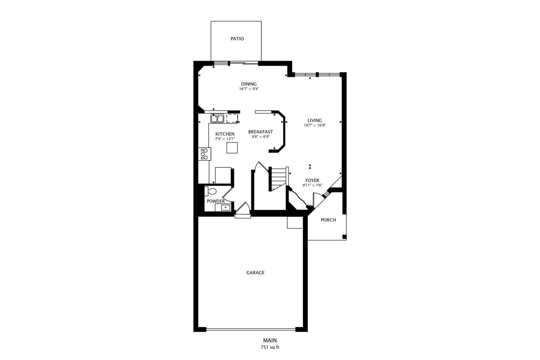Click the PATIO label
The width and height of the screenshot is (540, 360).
(237, 39)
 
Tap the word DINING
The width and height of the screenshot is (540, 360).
(249, 84)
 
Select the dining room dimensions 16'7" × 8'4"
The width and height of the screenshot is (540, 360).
(249, 89)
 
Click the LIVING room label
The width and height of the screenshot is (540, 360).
(315, 120)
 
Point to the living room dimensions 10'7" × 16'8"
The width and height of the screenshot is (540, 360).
(315, 125)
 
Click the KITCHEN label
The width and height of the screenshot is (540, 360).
(225, 134)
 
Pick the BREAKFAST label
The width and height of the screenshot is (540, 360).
(261, 132)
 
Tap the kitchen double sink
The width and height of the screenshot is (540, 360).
(217, 118)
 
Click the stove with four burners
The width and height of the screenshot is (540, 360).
(204, 154)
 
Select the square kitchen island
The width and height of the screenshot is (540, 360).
(232, 148)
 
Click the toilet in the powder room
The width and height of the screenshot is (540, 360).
(210, 191)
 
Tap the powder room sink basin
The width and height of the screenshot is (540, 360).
(226, 207)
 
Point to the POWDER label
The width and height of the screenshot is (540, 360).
(216, 201)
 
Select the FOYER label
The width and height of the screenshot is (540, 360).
(312, 180)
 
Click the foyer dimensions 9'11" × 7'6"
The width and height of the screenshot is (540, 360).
(312, 185)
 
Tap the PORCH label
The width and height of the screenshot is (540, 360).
(328, 220)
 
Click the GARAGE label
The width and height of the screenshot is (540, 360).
(255, 273)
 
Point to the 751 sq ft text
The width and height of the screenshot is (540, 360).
(270, 347)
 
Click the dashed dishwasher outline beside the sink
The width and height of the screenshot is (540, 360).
(232, 118)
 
